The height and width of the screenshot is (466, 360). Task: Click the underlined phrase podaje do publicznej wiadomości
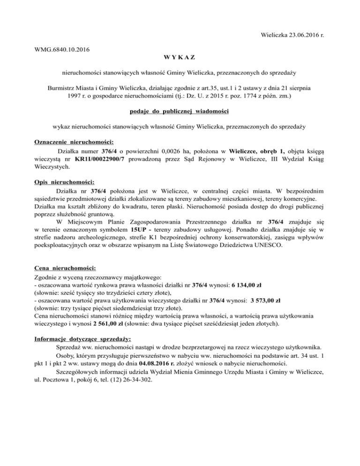coord(180,111)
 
